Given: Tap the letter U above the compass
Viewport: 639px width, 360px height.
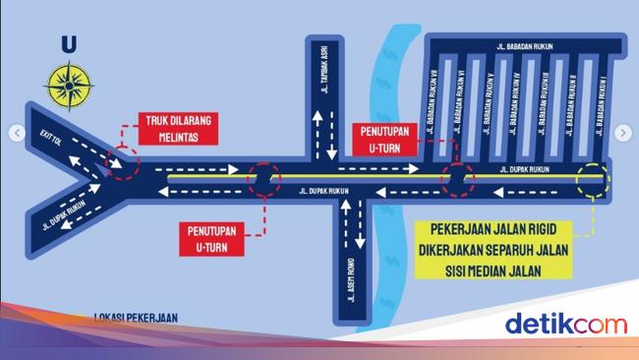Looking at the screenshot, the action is (x=68, y=42).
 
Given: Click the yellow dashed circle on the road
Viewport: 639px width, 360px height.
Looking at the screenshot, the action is (x=594, y=180).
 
